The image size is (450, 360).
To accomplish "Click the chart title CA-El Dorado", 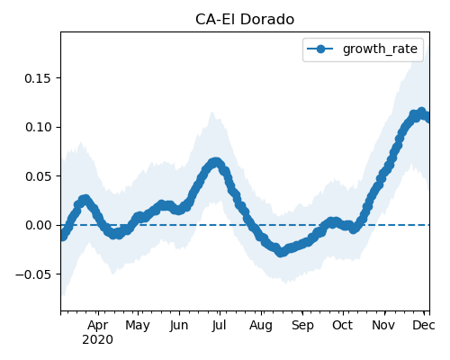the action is [x=245, y=20].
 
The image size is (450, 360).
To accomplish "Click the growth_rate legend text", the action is [x=380, y=49].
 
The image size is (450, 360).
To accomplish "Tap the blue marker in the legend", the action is [x=320, y=49].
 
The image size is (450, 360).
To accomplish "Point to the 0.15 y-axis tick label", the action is [x=38, y=78].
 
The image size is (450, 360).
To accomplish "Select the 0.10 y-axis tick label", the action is [x=38, y=127].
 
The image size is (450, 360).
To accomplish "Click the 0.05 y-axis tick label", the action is [x=38, y=176].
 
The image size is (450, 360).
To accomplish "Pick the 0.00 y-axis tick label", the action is [x=38, y=225].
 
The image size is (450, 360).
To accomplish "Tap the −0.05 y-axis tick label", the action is [x=33, y=274].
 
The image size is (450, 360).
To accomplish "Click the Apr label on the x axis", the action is [x=98, y=326].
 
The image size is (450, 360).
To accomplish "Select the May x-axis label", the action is [x=138, y=326].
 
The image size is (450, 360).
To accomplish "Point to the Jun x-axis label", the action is [x=179, y=326].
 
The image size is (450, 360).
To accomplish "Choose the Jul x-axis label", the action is [x=219, y=326].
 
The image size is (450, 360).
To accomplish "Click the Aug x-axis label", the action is [x=261, y=326].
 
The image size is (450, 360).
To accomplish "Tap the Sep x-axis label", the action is [x=302, y=326].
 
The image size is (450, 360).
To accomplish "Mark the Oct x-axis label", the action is [x=342, y=326].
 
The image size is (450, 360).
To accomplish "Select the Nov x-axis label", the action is [x=383, y=326].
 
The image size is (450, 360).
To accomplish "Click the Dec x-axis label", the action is [x=424, y=326].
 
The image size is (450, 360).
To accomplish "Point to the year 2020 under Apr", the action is [x=98, y=340].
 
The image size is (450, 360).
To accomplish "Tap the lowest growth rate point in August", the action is [x=281, y=252].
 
